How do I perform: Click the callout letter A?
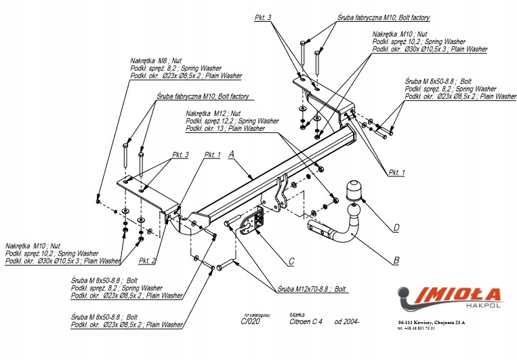[231, 155]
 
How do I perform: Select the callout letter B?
[396, 259]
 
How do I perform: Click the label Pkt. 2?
[148, 260]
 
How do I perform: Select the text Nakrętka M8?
[148, 60]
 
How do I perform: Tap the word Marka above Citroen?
[296, 315]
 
